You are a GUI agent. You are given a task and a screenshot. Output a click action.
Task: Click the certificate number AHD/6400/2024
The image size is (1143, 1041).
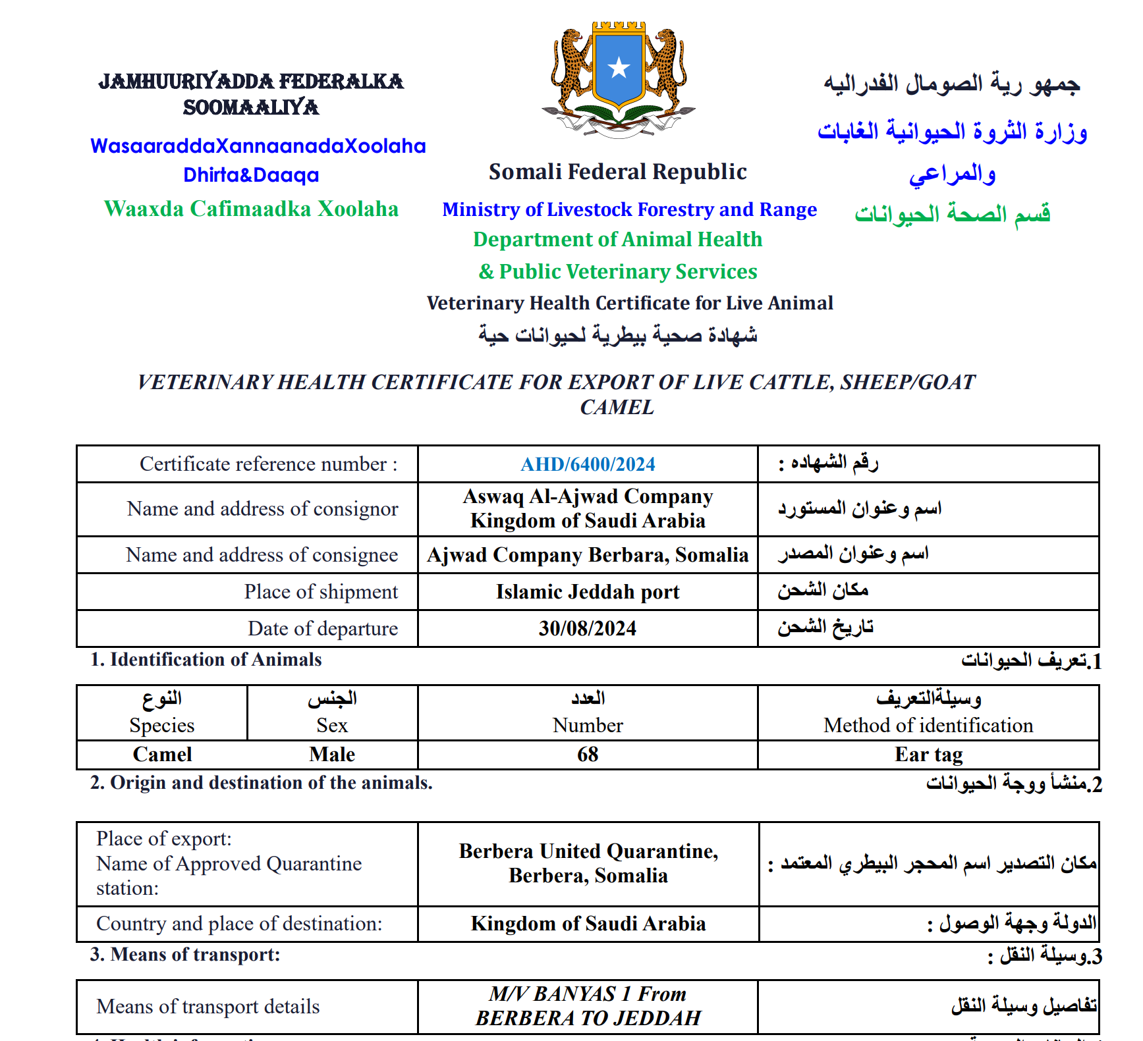click(588, 464)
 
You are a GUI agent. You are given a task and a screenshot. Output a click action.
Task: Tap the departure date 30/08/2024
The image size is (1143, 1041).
click(588, 628)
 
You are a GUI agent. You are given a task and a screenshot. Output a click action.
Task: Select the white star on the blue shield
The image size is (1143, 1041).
click(619, 67)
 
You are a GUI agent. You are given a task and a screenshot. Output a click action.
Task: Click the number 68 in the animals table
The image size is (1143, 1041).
click(588, 754)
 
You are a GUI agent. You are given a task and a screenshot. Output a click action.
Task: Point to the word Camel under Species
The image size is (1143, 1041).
click(162, 754)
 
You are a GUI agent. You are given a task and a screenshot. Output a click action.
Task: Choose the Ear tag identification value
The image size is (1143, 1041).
click(928, 754)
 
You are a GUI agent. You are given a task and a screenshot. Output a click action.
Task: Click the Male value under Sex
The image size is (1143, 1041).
click(332, 754)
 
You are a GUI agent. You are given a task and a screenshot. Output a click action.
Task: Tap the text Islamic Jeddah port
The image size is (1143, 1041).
click(588, 591)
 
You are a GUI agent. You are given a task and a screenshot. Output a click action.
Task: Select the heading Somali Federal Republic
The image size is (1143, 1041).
click(617, 172)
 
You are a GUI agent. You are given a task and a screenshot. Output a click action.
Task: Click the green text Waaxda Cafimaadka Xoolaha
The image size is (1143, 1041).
click(251, 209)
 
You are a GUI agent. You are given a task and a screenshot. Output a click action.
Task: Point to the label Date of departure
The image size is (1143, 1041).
click(322, 628)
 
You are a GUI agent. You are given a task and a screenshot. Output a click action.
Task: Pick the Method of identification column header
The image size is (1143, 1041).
click(928, 725)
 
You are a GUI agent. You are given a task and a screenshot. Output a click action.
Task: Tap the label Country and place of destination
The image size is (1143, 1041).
click(239, 923)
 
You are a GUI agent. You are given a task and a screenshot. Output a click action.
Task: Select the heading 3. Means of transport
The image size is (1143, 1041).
click(185, 954)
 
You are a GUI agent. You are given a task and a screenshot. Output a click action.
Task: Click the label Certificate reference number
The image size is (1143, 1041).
click(268, 464)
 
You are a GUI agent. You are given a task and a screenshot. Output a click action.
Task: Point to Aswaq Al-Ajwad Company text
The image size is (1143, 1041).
click(588, 496)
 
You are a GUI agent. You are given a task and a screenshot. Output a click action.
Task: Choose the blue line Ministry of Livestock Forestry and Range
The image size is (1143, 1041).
click(629, 209)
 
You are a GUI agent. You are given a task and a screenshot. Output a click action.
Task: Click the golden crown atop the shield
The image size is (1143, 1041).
click(618, 27)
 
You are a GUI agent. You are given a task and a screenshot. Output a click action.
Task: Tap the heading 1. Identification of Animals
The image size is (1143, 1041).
click(206, 659)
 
